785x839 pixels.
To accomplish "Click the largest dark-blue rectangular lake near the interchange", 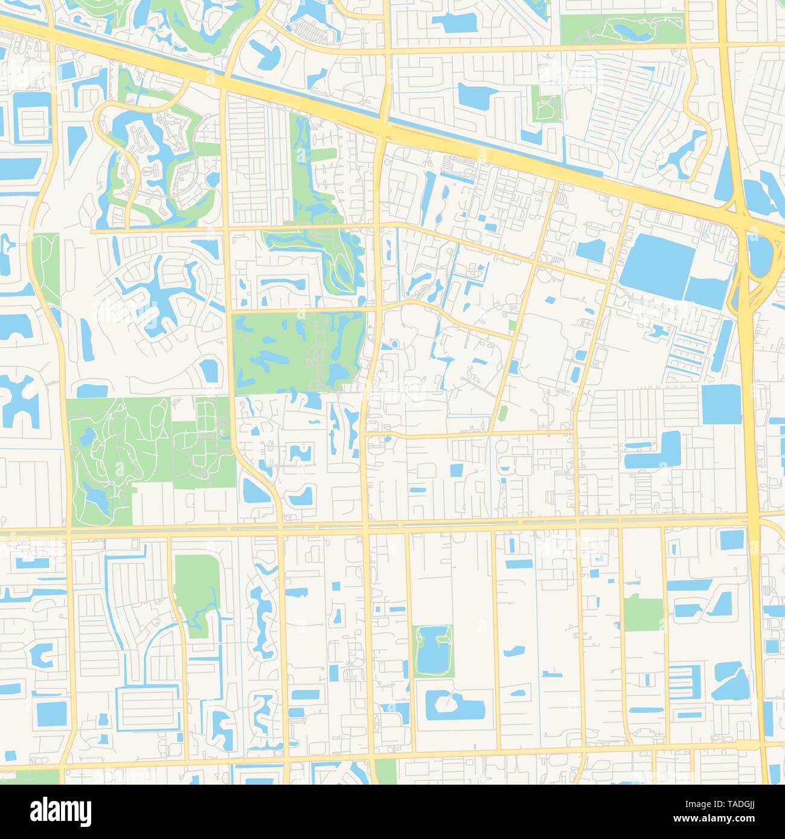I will [x=658, y=260].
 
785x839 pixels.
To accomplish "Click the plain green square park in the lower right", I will [x=643, y=613].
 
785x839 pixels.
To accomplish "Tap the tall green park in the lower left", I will [x=196, y=589].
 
